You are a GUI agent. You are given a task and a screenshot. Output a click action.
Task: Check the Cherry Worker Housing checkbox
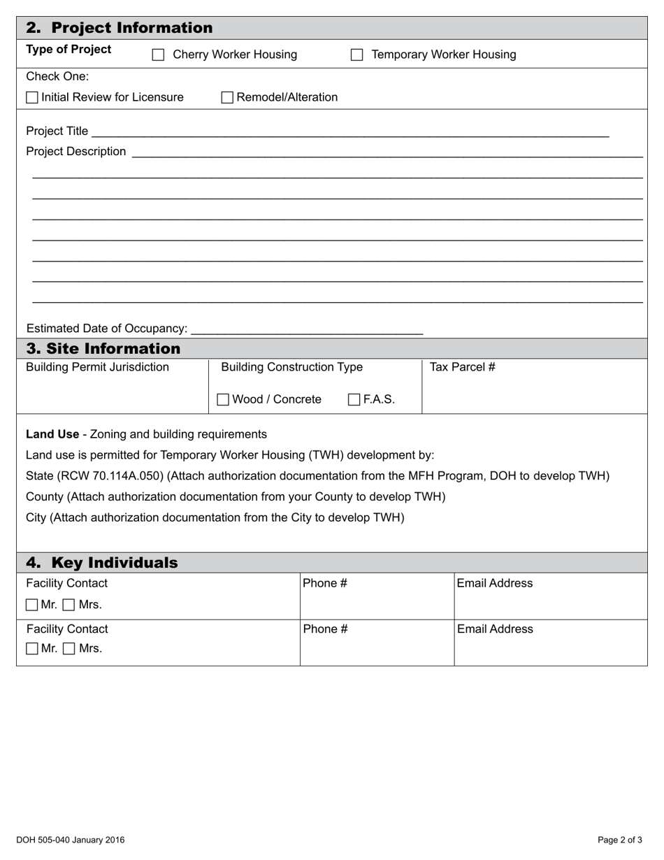pyautogui.click(x=159, y=55)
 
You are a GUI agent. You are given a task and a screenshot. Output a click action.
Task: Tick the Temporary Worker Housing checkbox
pyautogui.click(x=356, y=55)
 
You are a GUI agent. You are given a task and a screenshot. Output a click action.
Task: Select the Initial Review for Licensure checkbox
pyautogui.click(x=32, y=98)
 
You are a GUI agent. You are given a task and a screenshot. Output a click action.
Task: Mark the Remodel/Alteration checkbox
pyautogui.click(x=227, y=98)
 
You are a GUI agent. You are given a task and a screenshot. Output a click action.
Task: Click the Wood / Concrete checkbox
pyautogui.click(x=223, y=400)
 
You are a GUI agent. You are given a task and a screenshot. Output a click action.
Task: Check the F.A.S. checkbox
pyautogui.click(x=354, y=400)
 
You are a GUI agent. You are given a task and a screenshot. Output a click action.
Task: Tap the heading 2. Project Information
pyautogui.click(x=119, y=28)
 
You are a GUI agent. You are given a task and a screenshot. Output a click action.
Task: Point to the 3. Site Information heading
pyautogui.click(x=103, y=348)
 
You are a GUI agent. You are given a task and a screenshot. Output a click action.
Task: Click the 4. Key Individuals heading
pyautogui.click(x=102, y=563)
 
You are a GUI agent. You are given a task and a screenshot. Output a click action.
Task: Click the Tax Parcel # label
pyautogui.click(x=462, y=367)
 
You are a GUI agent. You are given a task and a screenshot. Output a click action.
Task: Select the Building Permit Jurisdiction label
pyautogui.click(x=97, y=367)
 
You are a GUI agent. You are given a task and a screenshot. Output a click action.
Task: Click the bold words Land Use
pyautogui.click(x=52, y=434)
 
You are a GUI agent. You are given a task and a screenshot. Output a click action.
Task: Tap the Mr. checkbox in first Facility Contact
pyautogui.click(x=32, y=605)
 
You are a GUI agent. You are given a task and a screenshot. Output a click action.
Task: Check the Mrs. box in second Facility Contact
pyautogui.click(x=69, y=649)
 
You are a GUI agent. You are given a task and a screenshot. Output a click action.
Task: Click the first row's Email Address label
pyautogui.click(x=494, y=583)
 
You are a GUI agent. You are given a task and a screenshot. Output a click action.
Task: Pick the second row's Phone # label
pyautogui.click(x=325, y=629)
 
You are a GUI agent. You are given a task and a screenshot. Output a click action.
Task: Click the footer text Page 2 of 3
pyautogui.click(x=620, y=840)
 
